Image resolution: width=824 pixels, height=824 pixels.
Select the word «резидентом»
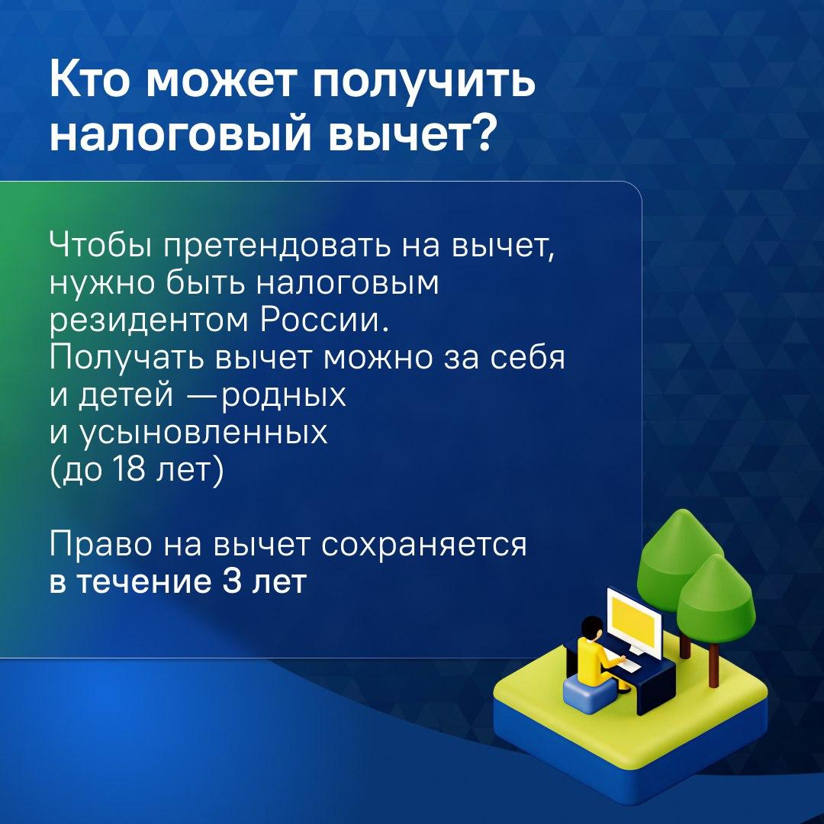coord(148,322)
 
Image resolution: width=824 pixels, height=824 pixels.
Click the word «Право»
coord(101,546)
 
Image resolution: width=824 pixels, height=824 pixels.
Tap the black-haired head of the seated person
coord(592,629)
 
